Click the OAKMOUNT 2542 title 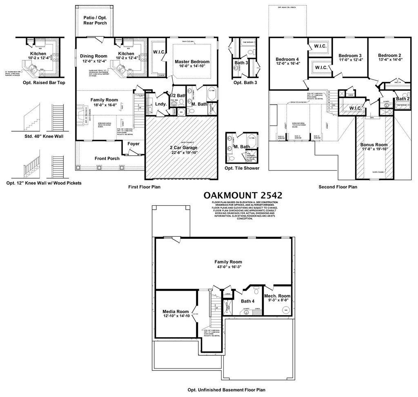(x=243, y=195)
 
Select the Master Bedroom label (x=192, y=62)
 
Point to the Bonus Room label (x=374, y=145)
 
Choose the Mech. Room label (x=277, y=296)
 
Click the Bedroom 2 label (x=389, y=56)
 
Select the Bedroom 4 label (x=287, y=59)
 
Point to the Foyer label (x=133, y=144)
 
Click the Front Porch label (x=107, y=159)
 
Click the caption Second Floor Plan (x=338, y=187)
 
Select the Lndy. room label (x=161, y=104)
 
